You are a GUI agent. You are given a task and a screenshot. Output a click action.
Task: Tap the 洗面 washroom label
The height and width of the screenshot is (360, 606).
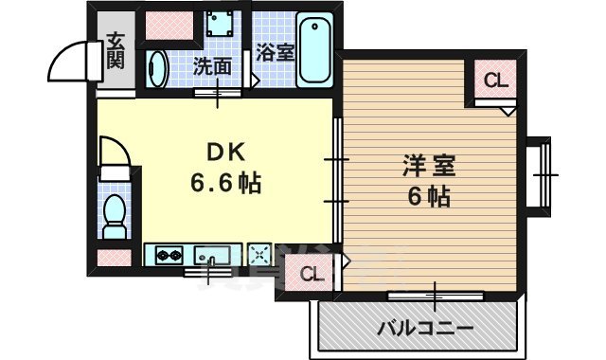pyautogui.click(x=213, y=66)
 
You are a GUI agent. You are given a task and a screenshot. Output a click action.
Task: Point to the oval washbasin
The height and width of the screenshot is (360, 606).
pyautogui.click(x=158, y=67)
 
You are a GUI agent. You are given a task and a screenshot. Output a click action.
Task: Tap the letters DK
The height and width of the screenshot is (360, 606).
pyautogui.click(x=223, y=153)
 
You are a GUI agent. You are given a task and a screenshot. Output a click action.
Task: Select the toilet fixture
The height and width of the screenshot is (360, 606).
pyautogui.click(x=114, y=217)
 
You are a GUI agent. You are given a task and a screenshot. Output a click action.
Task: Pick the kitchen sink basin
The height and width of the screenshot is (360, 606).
pyautogui.click(x=211, y=254)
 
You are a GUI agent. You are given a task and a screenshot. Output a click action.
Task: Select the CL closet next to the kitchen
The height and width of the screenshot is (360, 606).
pyautogui.click(x=310, y=274)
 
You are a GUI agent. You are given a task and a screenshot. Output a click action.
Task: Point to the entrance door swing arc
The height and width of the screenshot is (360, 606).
pyautogui.click(x=70, y=61)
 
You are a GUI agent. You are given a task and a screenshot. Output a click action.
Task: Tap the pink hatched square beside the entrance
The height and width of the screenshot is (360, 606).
pyautogui.click(x=166, y=27)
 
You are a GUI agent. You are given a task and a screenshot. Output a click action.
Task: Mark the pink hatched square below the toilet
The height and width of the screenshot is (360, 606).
pyautogui.click(x=114, y=256)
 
